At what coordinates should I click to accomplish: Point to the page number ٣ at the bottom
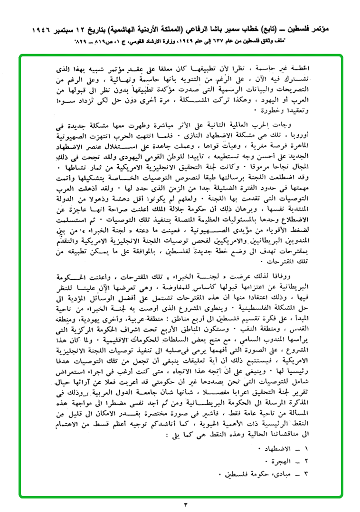186,503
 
